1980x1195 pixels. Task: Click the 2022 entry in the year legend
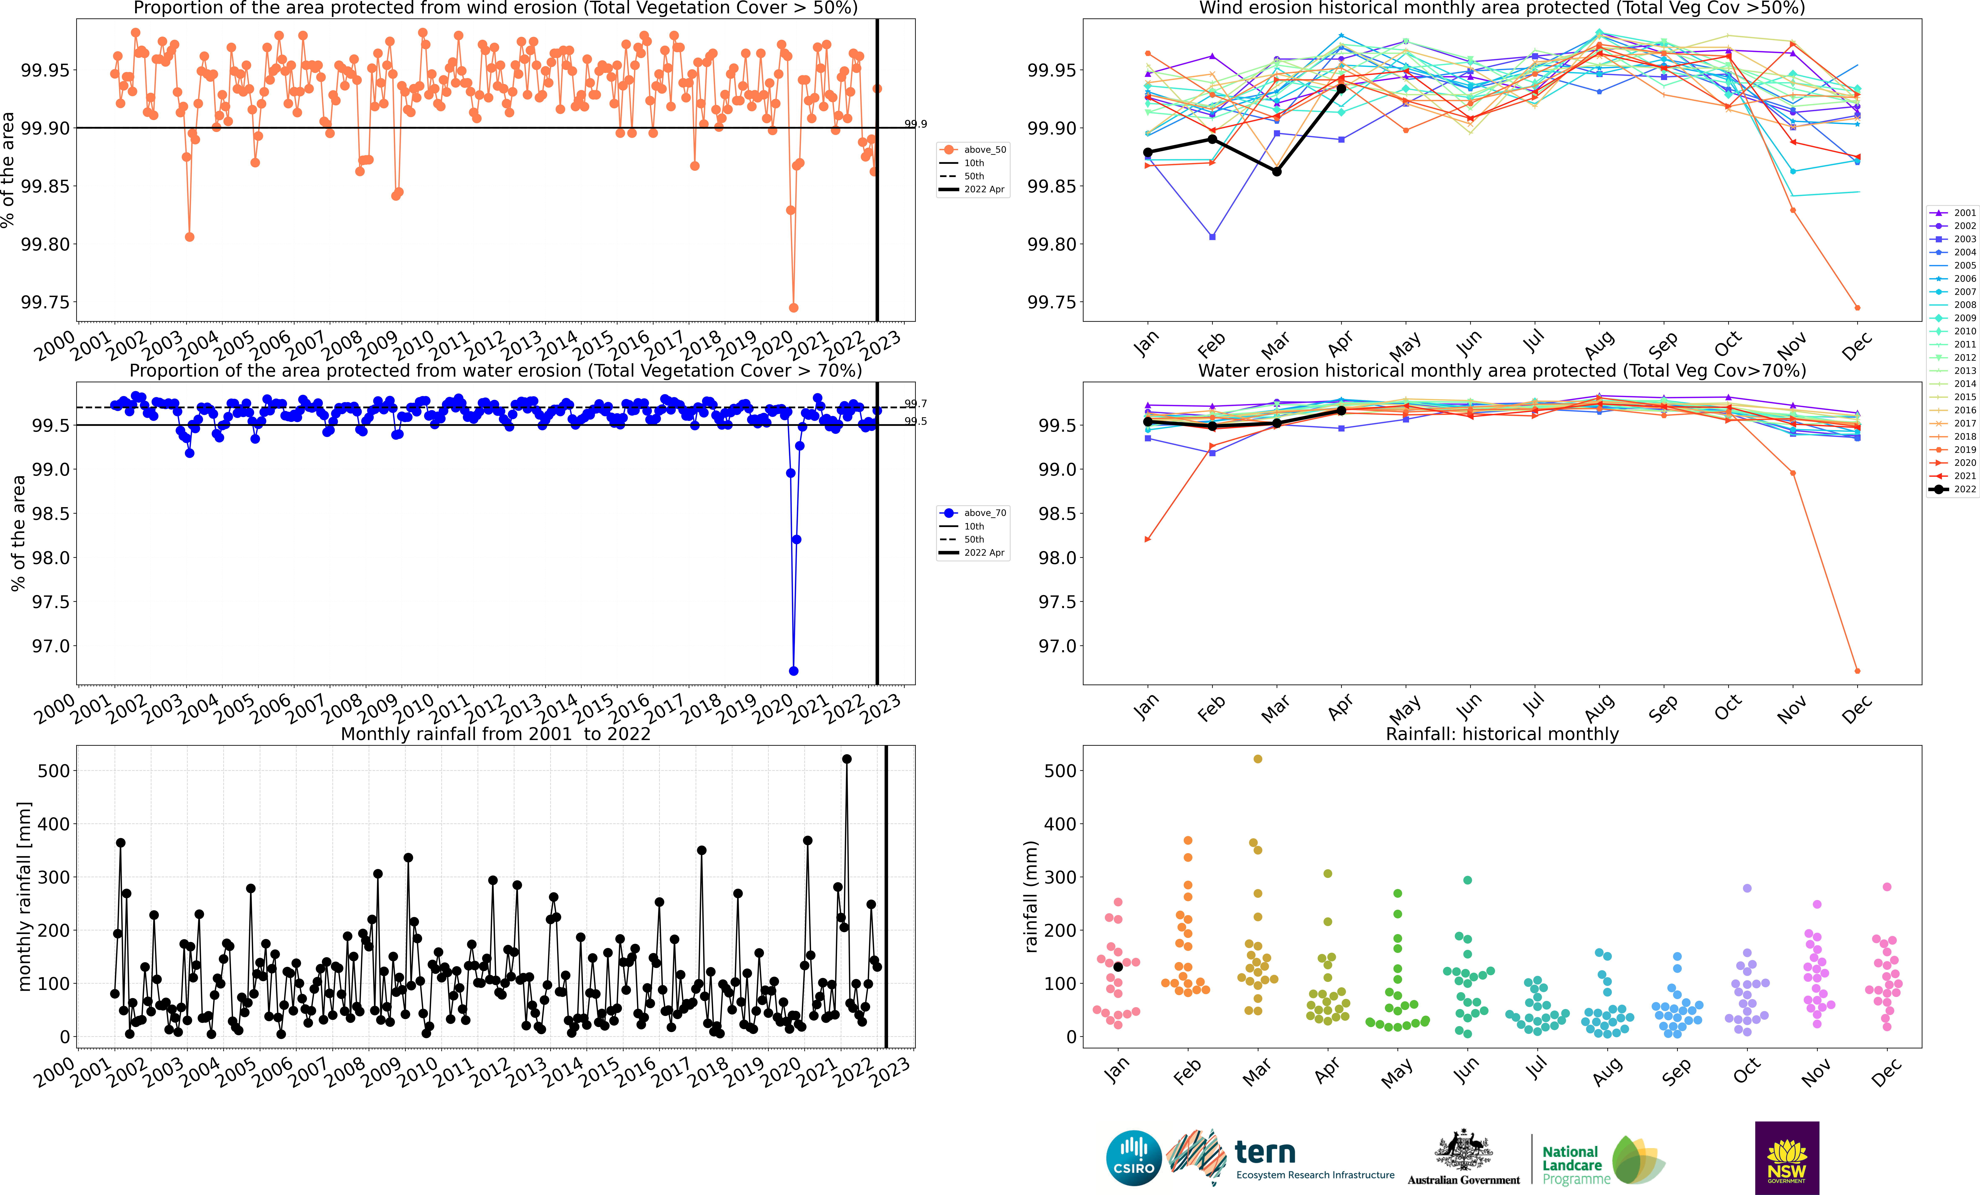coord(1953,489)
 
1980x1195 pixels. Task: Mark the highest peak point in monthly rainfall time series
coord(846,759)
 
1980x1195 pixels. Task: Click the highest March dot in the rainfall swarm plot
coord(1258,759)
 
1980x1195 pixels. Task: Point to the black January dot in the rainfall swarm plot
coord(1118,967)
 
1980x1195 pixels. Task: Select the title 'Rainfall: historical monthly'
coord(1502,734)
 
